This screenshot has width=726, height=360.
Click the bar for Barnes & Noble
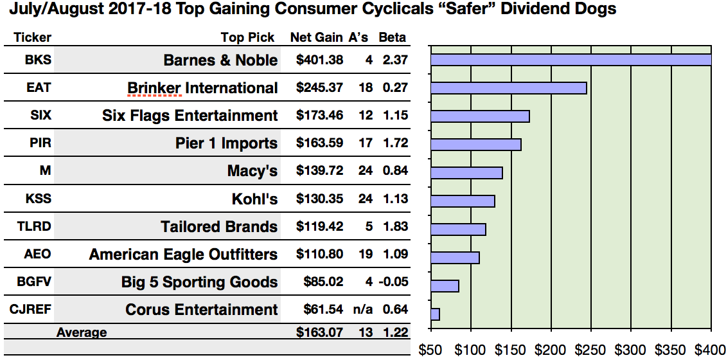[571, 60]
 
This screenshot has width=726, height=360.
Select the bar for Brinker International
[509, 88]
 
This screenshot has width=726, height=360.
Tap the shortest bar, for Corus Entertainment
[436, 314]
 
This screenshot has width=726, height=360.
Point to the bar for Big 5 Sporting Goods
[445, 286]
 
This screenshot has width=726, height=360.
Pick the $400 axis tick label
[711, 350]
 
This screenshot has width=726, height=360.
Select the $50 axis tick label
[431, 350]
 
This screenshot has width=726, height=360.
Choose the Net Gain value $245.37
[320, 88]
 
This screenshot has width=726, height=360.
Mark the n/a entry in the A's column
[364, 309]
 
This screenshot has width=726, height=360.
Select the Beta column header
[392, 38]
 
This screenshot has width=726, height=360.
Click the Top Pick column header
[247, 38]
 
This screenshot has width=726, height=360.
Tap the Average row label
[82, 332]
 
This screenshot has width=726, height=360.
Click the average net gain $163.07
[320, 332]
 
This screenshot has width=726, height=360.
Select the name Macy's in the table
[252, 172]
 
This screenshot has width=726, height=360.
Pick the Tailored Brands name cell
[219, 227]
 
